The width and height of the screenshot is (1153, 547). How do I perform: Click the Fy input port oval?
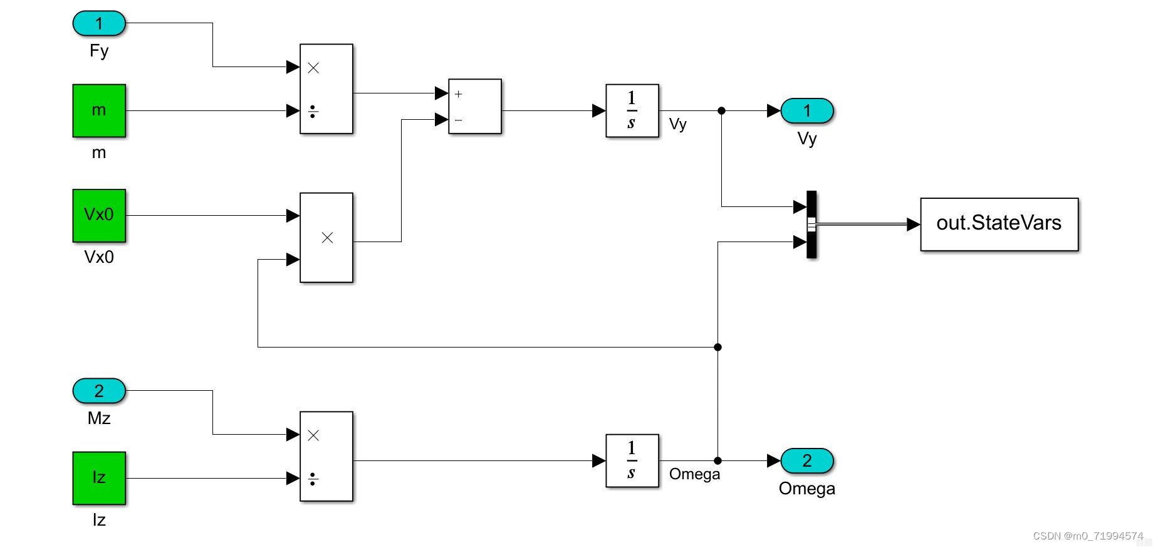[x=99, y=23]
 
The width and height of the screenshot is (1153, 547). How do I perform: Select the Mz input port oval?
[x=99, y=391]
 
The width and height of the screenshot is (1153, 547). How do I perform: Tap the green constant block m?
[x=99, y=110]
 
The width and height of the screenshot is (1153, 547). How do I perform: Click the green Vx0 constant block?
[x=99, y=215]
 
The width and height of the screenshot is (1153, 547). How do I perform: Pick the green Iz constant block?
[x=99, y=478]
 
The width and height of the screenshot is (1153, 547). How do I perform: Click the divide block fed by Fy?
[x=326, y=88]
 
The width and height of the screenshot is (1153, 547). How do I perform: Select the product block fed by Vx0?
[x=326, y=237]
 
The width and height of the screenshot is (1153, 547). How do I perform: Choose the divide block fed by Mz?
[x=326, y=456]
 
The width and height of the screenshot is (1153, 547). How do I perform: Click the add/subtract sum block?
[x=475, y=106]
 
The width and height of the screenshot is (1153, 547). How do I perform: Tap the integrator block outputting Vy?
[x=632, y=110]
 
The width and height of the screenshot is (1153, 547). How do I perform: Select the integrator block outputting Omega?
[x=632, y=460]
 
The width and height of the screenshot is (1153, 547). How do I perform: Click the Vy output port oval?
[x=807, y=111]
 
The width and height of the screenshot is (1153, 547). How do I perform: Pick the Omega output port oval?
[x=807, y=460]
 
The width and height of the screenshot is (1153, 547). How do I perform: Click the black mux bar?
[x=811, y=224]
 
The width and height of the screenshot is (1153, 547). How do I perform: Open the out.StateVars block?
[x=999, y=224]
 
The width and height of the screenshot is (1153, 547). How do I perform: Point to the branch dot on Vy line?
[x=721, y=110]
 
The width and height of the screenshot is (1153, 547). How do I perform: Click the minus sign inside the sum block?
[x=459, y=120]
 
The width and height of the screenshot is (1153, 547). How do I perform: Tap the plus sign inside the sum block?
[x=459, y=94]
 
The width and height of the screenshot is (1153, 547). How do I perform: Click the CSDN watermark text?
[x=1088, y=536]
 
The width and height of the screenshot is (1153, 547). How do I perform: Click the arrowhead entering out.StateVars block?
[x=913, y=224]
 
